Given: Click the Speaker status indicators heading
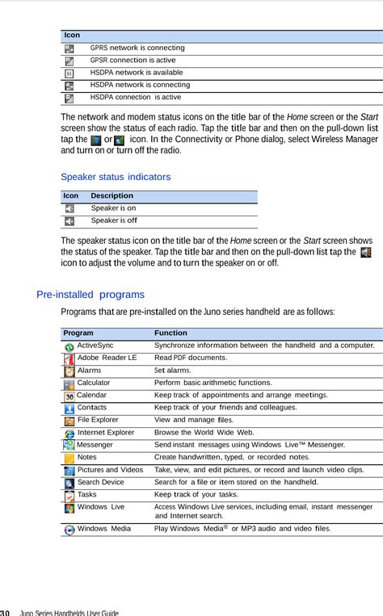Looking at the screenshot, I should click(116, 176).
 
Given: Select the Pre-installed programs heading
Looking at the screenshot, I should click(90, 295).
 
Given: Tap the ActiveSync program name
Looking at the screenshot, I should click(95, 346).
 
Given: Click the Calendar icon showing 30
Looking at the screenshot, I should click(69, 396).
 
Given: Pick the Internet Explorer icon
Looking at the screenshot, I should click(69, 433).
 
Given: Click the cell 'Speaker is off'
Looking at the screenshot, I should click(114, 220).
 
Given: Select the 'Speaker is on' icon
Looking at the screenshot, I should click(69, 208).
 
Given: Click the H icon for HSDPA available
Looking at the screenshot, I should click(69, 73).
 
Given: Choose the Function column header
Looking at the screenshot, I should click(170, 333).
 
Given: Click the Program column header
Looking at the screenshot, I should click(78, 333).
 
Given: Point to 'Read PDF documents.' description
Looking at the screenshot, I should click(191, 358).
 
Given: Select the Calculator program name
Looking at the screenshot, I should click(94, 383).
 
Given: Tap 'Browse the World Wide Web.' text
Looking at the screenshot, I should click(204, 433).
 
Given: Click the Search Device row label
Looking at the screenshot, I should click(101, 482).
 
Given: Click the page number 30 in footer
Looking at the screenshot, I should click(5, 612).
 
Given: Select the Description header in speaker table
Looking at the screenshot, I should click(112, 196).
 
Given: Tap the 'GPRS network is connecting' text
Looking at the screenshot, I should click(137, 48).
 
